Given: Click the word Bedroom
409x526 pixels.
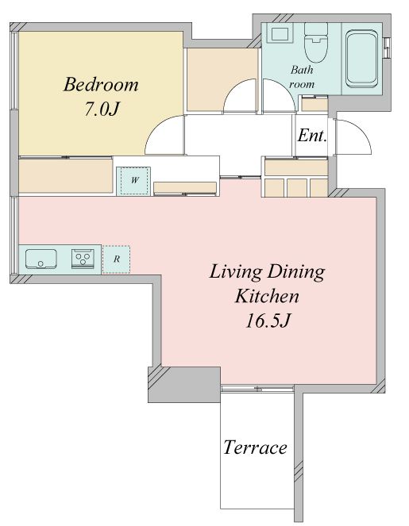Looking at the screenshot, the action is pos(101,84).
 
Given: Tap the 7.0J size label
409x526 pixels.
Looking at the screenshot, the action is pos(102,109).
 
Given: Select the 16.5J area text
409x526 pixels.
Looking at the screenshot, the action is pos(268,321).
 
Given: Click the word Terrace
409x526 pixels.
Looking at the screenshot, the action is pos(255,447).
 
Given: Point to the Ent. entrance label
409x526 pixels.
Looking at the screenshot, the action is pos(312,136).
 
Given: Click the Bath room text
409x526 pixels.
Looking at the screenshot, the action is pos(302,77).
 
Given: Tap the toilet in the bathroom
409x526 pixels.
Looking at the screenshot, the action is pos(315,43).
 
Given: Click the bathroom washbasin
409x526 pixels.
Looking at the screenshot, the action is pos(280,34).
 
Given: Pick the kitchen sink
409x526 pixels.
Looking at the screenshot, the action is pos(41,259).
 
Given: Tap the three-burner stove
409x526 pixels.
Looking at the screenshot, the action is pos(83,259).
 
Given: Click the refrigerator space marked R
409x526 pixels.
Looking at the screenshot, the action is pos(116,259).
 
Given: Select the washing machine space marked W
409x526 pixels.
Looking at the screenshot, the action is pos(133,180).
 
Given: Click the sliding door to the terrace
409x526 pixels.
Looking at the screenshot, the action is pos(257,389).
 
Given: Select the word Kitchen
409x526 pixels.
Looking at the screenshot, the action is pos(267,296).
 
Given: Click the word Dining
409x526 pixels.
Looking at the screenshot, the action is pos(296,272).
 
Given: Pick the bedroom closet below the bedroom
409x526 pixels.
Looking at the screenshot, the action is pos(65,176).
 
